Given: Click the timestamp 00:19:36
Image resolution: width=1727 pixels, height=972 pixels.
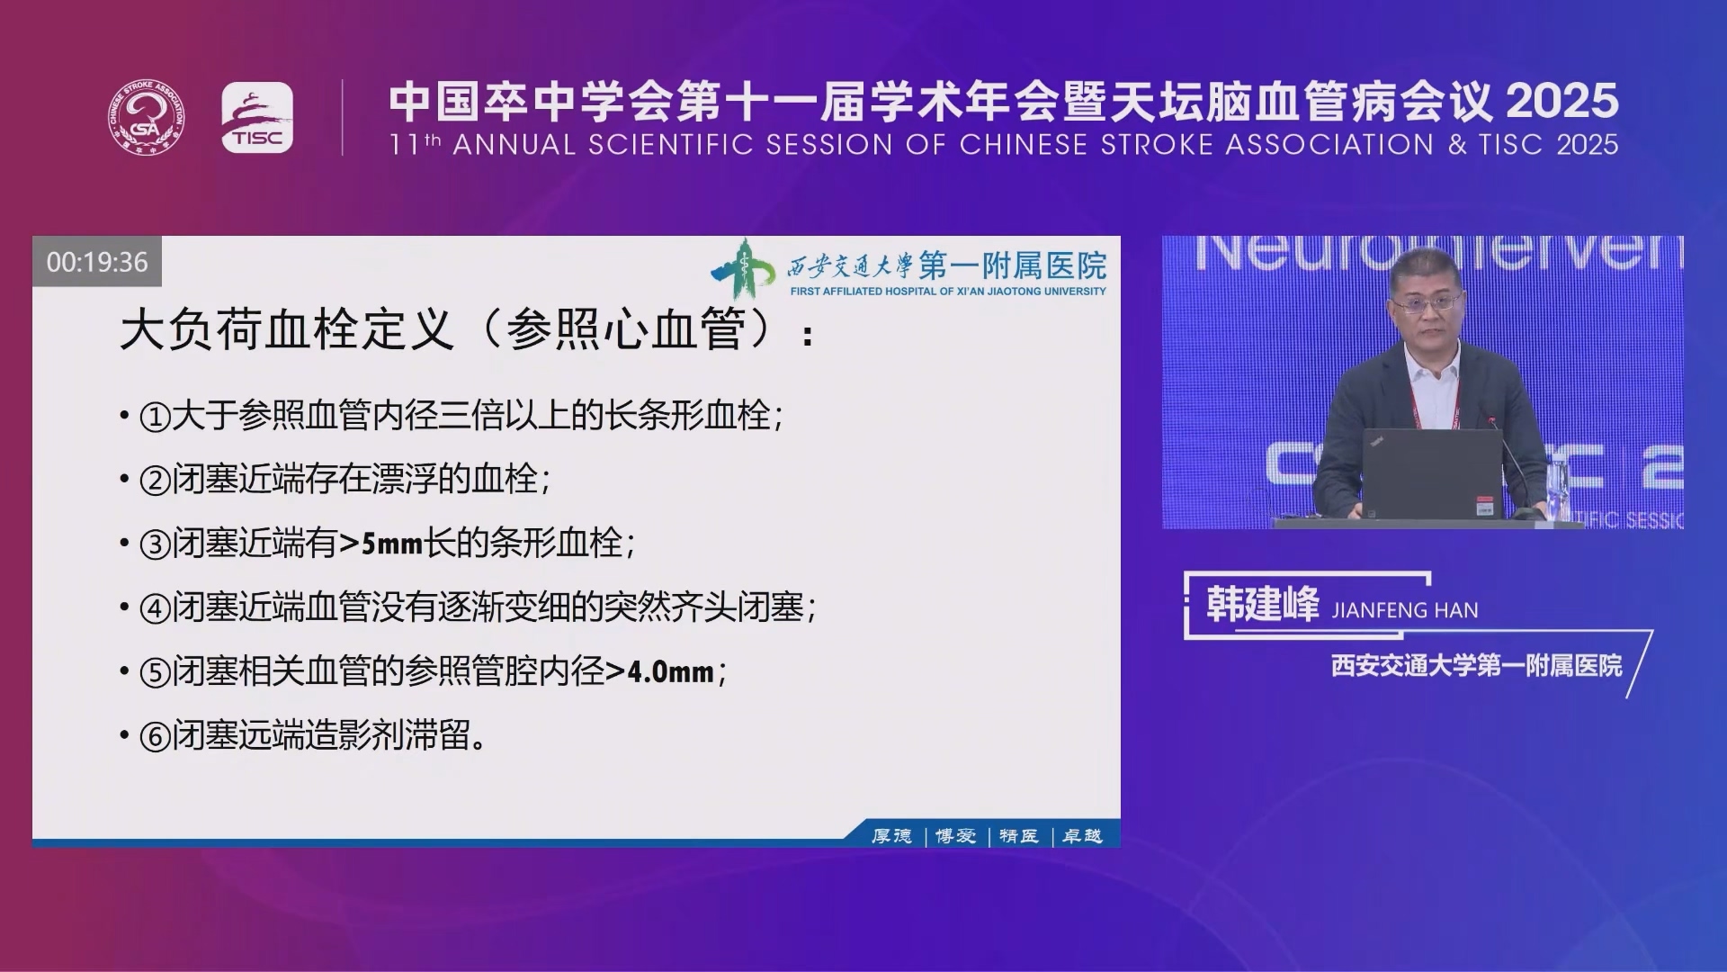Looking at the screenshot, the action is tap(97, 262).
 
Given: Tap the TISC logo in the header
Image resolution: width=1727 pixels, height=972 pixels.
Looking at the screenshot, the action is tap(257, 117).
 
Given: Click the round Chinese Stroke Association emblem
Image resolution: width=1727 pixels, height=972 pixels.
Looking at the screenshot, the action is tap(148, 117).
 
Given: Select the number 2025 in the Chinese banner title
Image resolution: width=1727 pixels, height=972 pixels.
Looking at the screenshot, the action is tap(1562, 100).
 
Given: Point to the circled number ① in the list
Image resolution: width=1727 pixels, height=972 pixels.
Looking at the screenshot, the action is tap(155, 417).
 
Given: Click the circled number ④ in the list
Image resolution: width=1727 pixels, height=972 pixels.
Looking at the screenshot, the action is tap(155, 609).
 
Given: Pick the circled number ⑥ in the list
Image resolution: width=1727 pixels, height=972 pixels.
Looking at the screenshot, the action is tap(155, 737).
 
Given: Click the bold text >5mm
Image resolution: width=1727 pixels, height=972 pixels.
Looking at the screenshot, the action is tap(380, 544).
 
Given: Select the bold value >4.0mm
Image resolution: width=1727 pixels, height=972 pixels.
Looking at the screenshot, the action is tap(659, 671).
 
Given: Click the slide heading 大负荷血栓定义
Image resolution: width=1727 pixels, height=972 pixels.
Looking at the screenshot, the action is tap(287, 329).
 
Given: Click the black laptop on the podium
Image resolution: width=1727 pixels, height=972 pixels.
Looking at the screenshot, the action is tap(1432, 473).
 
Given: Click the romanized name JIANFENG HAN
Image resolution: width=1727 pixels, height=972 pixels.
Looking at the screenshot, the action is tap(1405, 611).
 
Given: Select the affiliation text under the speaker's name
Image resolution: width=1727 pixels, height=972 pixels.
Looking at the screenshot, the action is tap(1477, 666).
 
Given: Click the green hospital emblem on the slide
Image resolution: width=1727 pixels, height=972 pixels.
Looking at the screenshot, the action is tap(743, 268).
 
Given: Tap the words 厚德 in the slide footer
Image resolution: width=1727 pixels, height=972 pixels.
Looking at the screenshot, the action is tap(891, 836).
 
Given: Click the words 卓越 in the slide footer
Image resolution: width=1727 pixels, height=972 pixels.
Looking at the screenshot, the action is tap(1082, 836).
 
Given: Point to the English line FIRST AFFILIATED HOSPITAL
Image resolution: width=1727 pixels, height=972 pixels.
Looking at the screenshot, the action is tap(948, 292).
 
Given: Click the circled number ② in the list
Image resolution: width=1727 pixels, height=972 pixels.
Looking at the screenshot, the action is tap(155, 481).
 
